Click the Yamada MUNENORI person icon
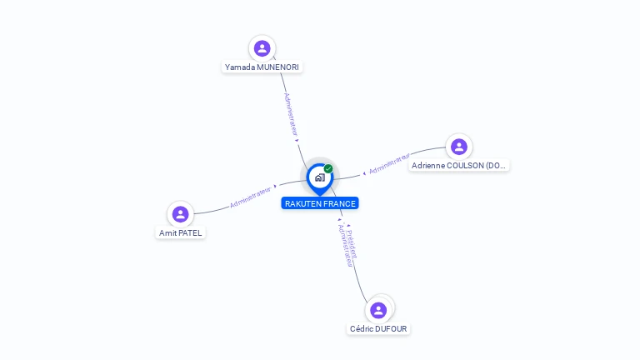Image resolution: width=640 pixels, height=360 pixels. point(262,48)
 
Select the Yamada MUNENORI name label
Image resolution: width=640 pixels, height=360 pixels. point(262,67)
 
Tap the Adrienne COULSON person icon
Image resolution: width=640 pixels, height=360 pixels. point(458,147)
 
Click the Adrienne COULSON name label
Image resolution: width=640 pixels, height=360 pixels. point(459,166)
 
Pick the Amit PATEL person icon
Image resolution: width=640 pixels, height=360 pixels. point(180,214)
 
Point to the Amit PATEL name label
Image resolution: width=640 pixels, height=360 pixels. point(181,233)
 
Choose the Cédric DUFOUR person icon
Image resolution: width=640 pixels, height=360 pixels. point(378,310)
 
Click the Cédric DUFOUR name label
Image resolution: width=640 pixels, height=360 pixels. point(379,329)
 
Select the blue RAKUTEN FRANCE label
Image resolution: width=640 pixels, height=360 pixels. point(320,203)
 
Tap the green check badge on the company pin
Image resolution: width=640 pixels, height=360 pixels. point(328,168)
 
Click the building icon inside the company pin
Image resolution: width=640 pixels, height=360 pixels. point(319,177)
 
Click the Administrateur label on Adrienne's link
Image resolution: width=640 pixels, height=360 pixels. point(389,162)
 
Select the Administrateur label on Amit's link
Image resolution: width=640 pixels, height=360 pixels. point(251,197)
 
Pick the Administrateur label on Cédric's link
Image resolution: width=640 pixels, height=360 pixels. point(343,246)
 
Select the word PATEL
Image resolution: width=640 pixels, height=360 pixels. point(190,233)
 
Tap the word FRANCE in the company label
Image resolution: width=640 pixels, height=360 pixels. point(339,203)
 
